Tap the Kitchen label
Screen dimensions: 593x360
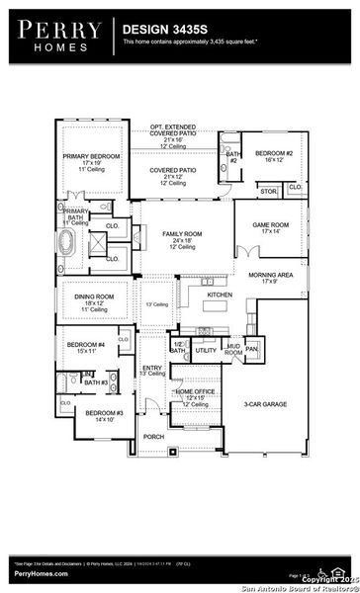tap(220, 295)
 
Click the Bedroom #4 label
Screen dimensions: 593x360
tap(86, 344)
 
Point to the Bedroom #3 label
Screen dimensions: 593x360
tap(103, 412)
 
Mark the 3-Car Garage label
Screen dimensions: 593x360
tap(265, 404)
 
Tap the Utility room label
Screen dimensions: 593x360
tap(206, 350)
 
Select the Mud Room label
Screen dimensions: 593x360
tap(233, 349)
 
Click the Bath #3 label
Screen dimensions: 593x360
tap(95, 381)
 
